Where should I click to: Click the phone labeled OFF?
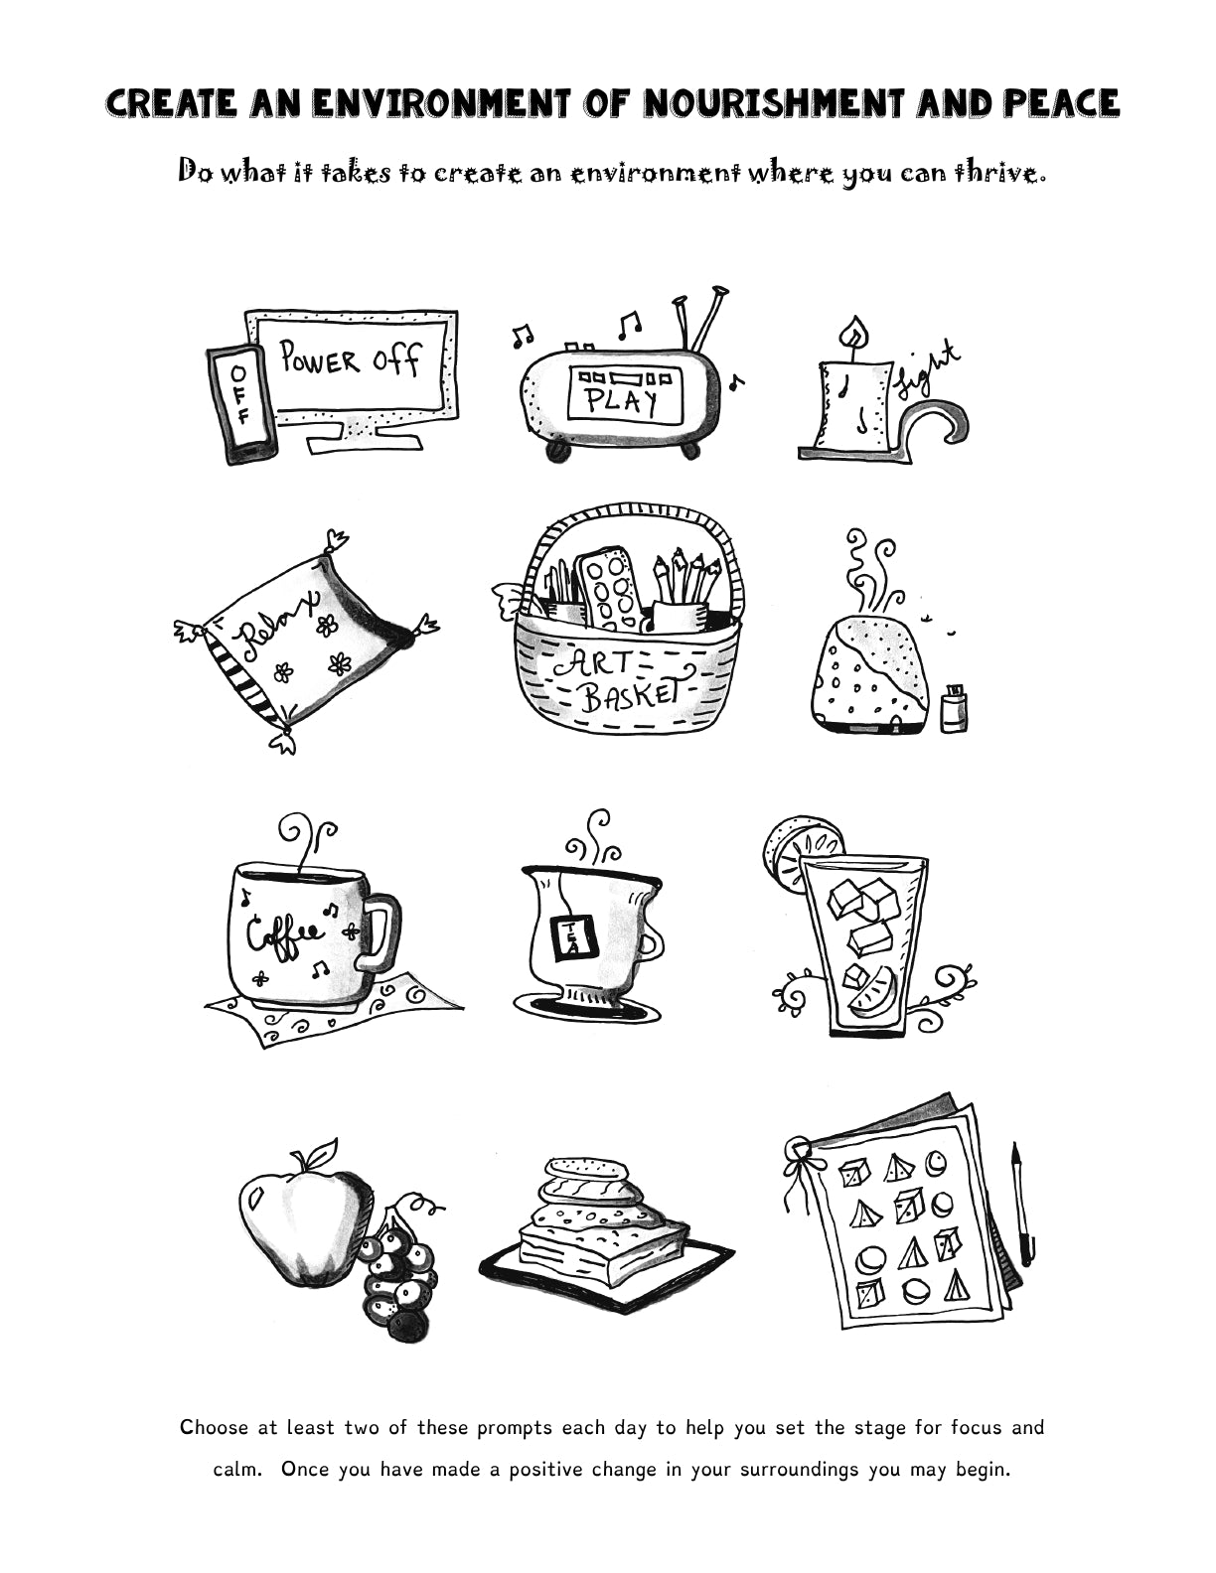[239, 403]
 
